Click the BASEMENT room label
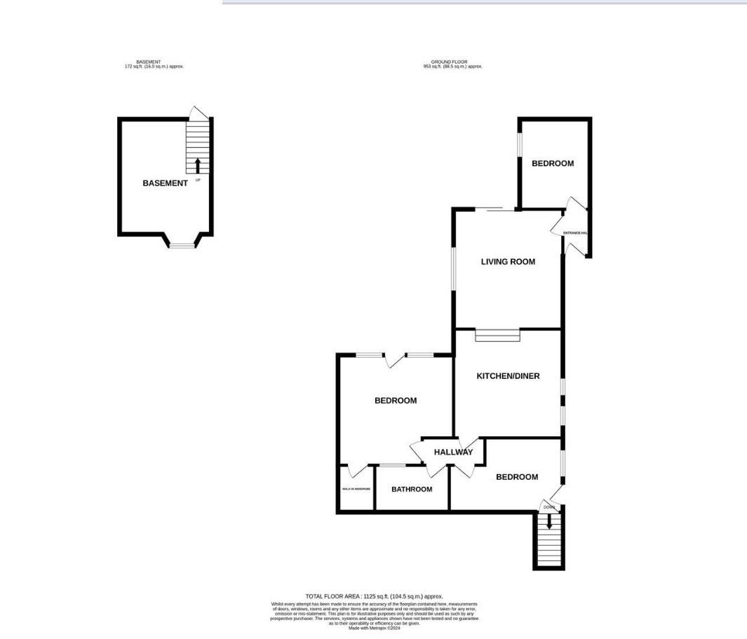click(x=165, y=183)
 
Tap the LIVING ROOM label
click(x=508, y=262)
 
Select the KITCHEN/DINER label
click(x=508, y=376)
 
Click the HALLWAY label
click(x=453, y=452)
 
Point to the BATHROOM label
click(x=412, y=489)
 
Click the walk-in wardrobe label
click(x=356, y=489)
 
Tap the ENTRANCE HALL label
click(x=574, y=233)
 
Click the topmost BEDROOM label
click(x=553, y=163)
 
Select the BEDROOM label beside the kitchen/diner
click(x=396, y=401)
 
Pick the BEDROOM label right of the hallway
click(x=517, y=477)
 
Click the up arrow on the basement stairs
click(x=198, y=166)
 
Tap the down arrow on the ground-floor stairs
click(x=549, y=521)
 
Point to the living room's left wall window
click(x=454, y=268)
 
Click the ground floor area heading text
click(x=453, y=64)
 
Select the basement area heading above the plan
click(x=154, y=64)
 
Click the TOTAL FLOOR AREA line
click(x=374, y=596)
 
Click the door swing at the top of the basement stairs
click(x=199, y=112)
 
